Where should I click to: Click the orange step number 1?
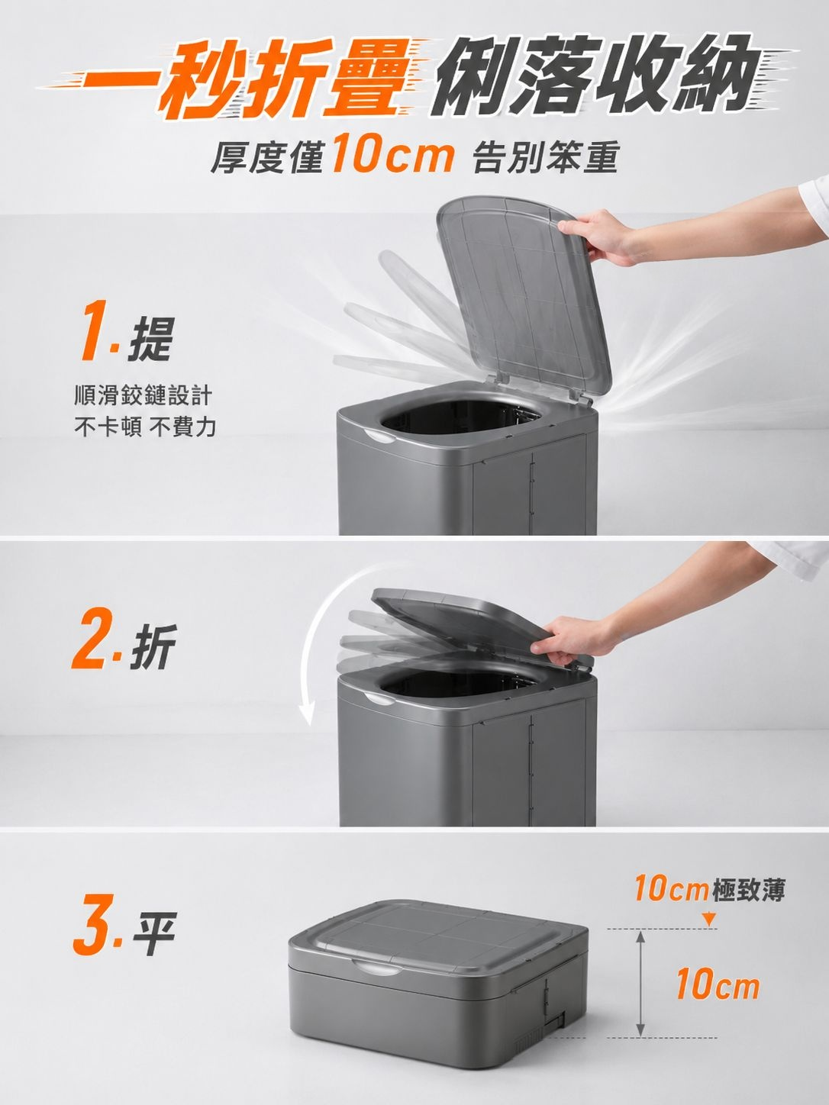pos(95,330)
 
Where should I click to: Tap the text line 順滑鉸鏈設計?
pos(143,396)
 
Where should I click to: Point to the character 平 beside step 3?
pos(153,934)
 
